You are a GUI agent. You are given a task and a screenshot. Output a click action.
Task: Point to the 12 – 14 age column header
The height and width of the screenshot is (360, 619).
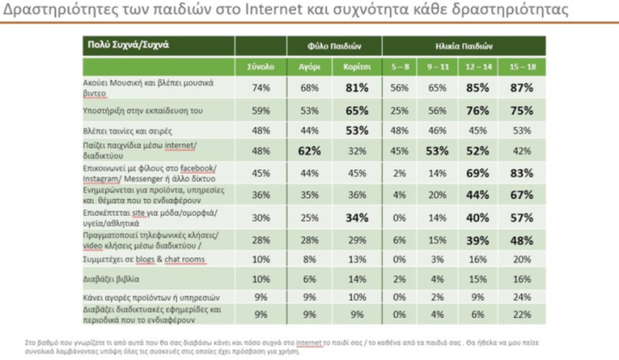480,64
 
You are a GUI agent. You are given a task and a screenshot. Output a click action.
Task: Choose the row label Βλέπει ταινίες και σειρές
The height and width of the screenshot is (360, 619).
123,130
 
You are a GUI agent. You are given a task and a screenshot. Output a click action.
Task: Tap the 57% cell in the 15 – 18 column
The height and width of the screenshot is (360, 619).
524,218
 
